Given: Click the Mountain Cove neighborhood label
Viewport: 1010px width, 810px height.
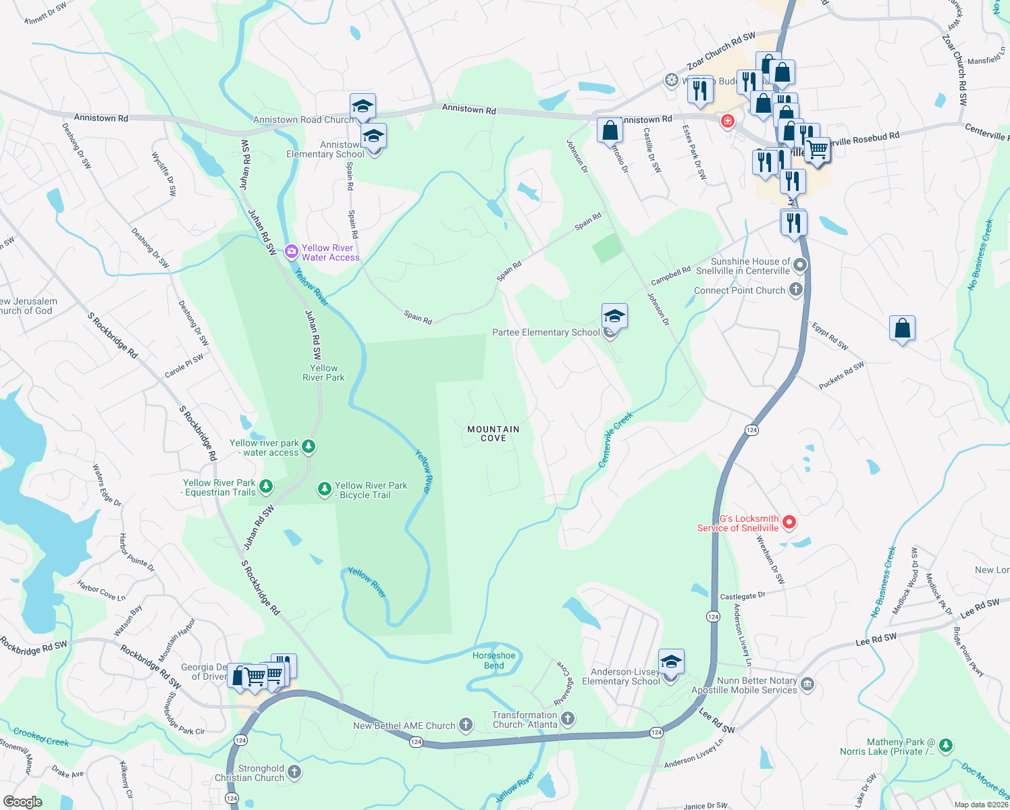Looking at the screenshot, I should (x=494, y=433).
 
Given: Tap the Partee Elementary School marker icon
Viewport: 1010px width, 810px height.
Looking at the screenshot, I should (x=614, y=316).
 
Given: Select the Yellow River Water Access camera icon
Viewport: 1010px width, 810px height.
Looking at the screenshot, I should (x=292, y=252).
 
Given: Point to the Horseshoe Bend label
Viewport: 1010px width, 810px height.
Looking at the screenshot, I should (x=494, y=660).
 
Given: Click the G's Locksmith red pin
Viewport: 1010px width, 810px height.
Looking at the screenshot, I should (x=789, y=522).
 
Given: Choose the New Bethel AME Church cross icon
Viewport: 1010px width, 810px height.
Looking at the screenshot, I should (x=466, y=726).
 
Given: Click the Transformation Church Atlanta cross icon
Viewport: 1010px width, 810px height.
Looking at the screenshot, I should (x=568, y=719).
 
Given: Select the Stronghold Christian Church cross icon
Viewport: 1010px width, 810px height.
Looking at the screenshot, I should (x=294, y=772).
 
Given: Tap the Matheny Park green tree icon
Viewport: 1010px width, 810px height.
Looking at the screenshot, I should (x=946, y=746).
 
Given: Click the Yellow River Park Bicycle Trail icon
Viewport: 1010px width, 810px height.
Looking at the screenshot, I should (x=325, y=489).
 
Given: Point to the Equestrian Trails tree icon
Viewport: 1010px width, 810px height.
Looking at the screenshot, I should (x=266, y=487).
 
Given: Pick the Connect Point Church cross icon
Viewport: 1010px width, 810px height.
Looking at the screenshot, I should (x=796, y=290).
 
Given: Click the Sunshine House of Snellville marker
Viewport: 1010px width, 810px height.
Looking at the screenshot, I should (x=800, y=265).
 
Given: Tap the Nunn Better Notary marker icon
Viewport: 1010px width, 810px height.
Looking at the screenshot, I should (x=807, y=685).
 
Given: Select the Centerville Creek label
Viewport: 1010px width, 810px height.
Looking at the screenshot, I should (x=616, y=439).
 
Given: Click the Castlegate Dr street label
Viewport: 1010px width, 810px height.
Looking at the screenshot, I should (x=743, y=596).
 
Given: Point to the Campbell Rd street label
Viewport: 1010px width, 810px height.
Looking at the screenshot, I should (x=670, y=276).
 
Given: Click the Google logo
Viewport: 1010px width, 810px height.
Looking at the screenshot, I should (x=22, y=801).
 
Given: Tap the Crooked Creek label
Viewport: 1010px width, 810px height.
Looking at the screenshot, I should (x=41, y=736).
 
